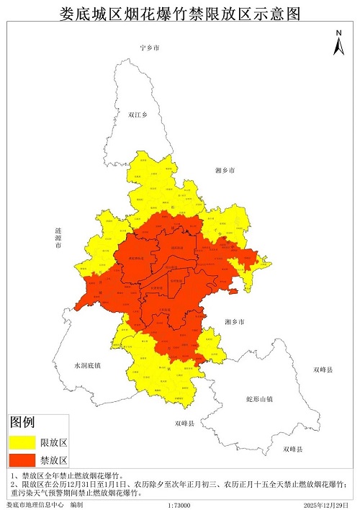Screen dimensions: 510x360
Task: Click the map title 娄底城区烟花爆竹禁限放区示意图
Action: coord(179,12)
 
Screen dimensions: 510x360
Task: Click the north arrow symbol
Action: coord(338,45)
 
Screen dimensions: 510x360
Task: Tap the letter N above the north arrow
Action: coord(338,32)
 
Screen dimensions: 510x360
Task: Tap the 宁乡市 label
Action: coord(150,48)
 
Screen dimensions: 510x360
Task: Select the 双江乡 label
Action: coord(137,115)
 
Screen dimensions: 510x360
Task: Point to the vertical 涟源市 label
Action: coord(58,238)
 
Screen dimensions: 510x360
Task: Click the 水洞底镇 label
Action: coord(87,365)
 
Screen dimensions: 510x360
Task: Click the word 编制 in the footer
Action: coord(76,505)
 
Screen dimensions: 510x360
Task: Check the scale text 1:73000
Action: coord(179,505)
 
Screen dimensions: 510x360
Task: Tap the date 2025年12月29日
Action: coord(328,505)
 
